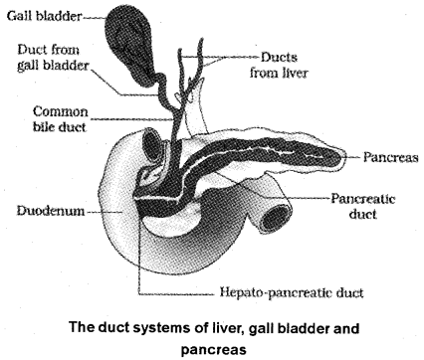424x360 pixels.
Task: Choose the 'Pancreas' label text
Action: click(x=377, y=158)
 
